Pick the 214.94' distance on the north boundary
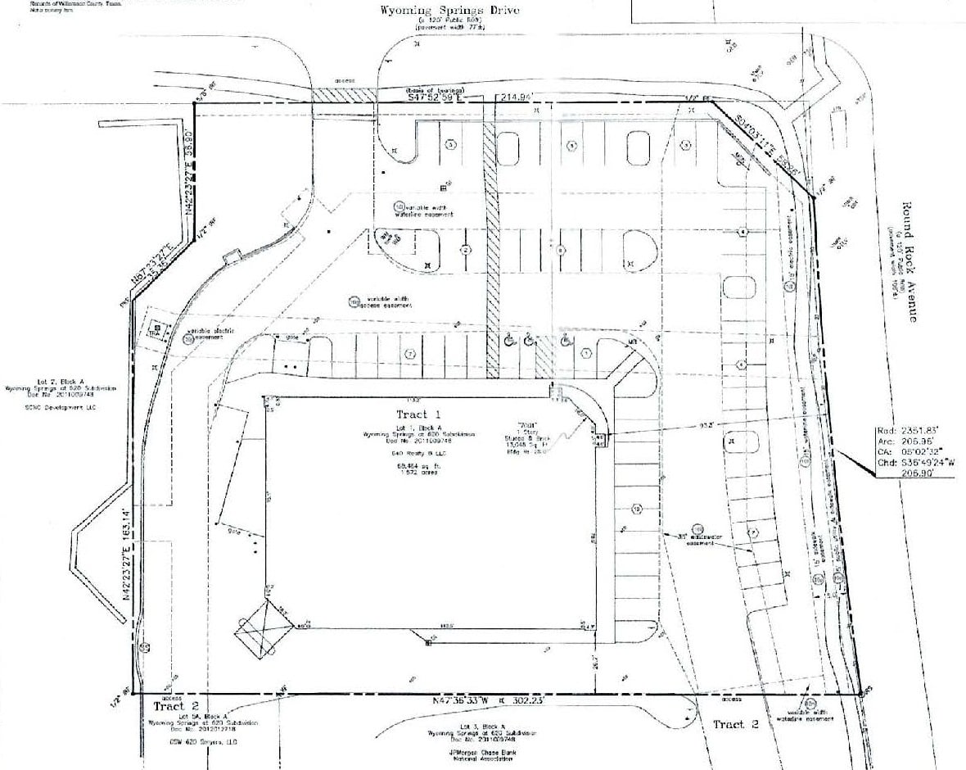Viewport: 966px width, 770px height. pos(517,97)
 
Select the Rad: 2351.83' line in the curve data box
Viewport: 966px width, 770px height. pos(917,430)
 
